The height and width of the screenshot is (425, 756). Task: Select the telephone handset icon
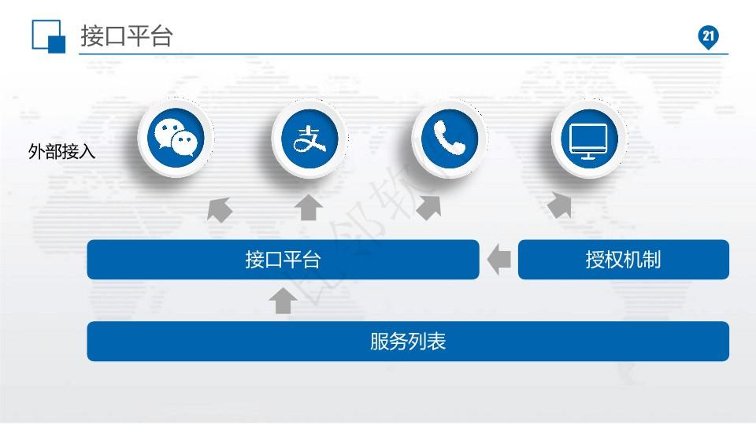(449, 139)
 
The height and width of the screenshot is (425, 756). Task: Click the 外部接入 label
(61, 152)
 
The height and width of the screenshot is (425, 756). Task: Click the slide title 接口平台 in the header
(126, 36)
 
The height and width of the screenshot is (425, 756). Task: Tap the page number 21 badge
(708, 37)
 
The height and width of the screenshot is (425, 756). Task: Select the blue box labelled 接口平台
(283, 260)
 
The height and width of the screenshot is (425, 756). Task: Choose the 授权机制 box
(623, 260)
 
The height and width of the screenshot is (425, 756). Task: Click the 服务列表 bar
(408, 342)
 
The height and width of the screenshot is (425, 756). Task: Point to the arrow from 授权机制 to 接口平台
(499, 260)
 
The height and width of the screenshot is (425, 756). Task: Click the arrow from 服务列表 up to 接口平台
(283, 301)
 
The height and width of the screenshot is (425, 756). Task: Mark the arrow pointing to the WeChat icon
(220, 209)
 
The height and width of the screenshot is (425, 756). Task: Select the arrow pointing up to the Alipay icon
(309, 208)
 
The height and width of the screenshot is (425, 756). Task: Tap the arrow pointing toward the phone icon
(429, 207)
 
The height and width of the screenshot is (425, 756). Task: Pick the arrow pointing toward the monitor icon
(559, 205)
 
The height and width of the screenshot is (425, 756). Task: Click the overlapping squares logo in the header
(49, 35)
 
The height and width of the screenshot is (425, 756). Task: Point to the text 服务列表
(408, 342)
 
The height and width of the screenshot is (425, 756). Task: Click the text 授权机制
(623, 260)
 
